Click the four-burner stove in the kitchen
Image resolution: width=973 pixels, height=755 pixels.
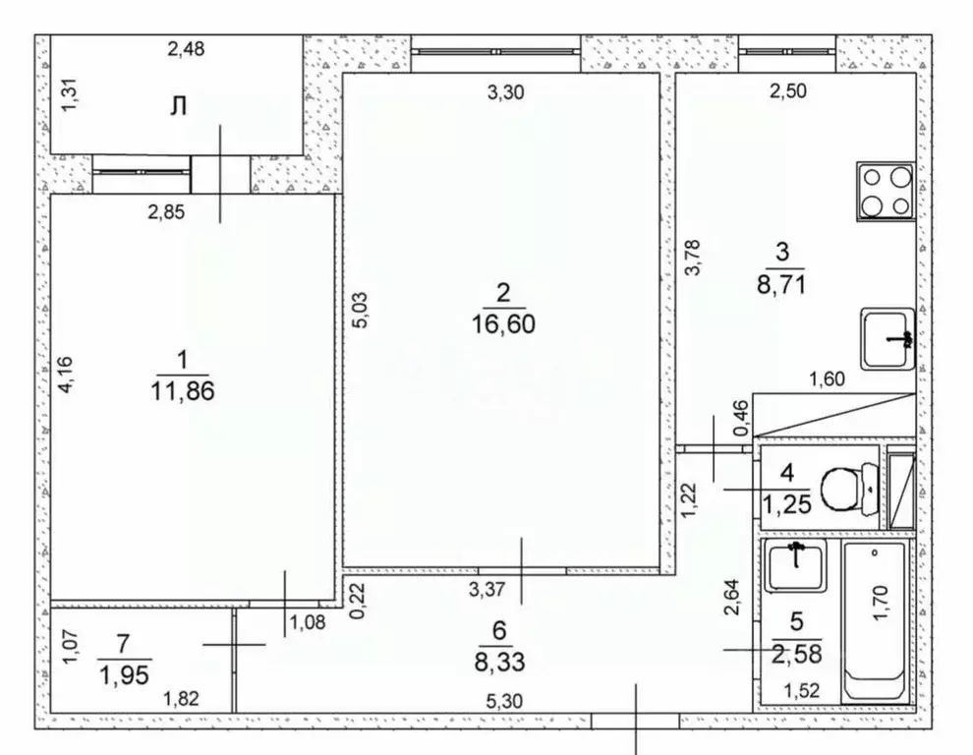coord(887,192)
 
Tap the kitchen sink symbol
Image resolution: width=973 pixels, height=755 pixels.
coord(887,339)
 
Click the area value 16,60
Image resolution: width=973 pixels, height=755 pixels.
coord(505,321)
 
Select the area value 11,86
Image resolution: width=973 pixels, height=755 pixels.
coord(185,390)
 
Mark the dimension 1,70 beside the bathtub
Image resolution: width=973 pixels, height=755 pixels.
coord(882,602)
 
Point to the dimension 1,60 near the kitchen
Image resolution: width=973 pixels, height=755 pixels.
coord(827,378)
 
